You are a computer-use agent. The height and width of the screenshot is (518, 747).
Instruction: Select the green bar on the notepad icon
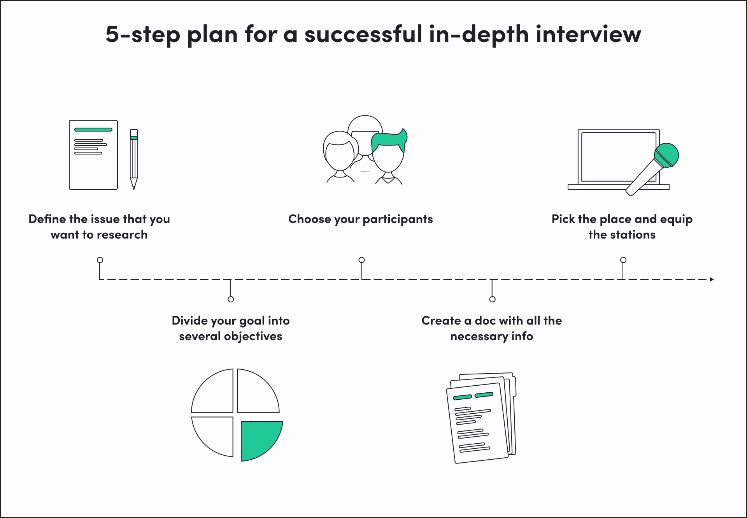(x=93, y=130)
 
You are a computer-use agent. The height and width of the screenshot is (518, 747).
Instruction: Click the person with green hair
(x=388, y=154)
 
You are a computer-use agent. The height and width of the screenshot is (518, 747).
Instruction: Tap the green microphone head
(x=666, y=155)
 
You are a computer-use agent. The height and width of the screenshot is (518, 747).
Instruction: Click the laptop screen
(x=617, y=156)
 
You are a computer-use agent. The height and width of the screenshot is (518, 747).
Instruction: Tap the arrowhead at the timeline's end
(x=712, y=279)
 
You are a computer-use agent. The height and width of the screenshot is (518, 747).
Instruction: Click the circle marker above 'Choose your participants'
(x=361, y=260)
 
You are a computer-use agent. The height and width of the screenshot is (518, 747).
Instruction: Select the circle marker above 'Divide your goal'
(x=231, y=299)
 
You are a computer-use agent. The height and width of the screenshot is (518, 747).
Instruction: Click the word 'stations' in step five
(x=633, y=235)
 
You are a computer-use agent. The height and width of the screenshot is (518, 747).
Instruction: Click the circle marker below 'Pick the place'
(x=623, y=260)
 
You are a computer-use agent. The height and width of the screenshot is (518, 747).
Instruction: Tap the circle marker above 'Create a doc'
(x=493, y=299)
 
